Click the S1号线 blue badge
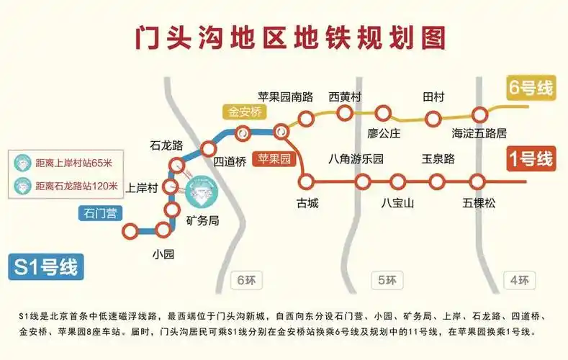click(44, 266)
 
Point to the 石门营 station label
click(99, 212)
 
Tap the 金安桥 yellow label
click(245, 112)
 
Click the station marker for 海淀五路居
click(480, 114)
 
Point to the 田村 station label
click(433, 97)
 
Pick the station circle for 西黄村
click(345, 112)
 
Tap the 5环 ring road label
click(383, 280)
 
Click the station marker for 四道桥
click(209, 148)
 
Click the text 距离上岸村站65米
click(71, 163)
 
